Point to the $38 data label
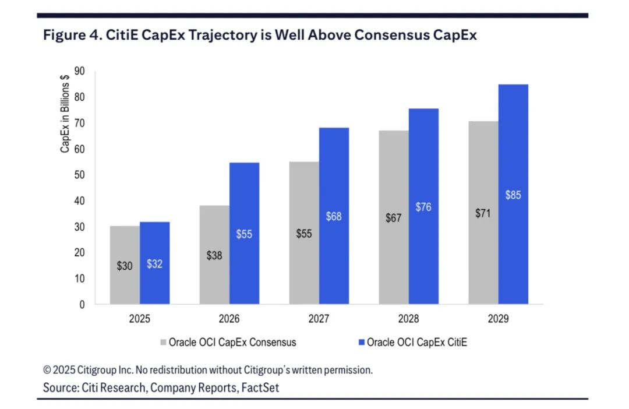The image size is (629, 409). (214, 255)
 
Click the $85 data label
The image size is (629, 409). (513, 195)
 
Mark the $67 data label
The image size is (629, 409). (394, 218)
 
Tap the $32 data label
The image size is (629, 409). (154, 264)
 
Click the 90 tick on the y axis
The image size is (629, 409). (79, 71)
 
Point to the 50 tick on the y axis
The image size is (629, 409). (79, 175)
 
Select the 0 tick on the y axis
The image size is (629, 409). (82, 304)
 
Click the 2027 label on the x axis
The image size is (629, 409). (319, 319)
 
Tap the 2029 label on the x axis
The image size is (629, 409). (498, 319)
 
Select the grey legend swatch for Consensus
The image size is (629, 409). (163, 343)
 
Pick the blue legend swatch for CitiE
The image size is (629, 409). (361, 343)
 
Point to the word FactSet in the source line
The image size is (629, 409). (260, 387)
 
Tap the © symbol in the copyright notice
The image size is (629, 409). (47, 370)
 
